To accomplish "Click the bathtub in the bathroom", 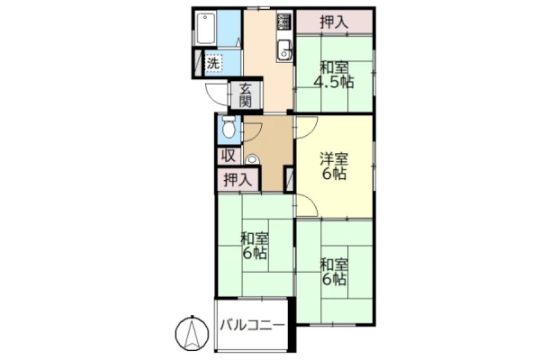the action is (206, 28).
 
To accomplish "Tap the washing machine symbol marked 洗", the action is (213, 63).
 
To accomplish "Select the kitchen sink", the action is (284, 50).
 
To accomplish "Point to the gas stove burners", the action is (284, 22).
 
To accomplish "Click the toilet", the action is (229, 128).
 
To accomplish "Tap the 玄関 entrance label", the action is (245, 95).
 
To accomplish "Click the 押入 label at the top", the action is (334, 22).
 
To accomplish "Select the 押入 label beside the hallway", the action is (238, 180).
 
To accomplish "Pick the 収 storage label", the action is (228, 156).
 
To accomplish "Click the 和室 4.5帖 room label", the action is (334, 75).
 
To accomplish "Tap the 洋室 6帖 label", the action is (334, 166).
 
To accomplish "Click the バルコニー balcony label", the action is (252, 325).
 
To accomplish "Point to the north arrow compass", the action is (192, 333).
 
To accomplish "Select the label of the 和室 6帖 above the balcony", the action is (255, 246).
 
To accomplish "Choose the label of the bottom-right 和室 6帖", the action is (334, 272).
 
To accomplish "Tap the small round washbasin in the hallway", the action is (252, 159).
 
